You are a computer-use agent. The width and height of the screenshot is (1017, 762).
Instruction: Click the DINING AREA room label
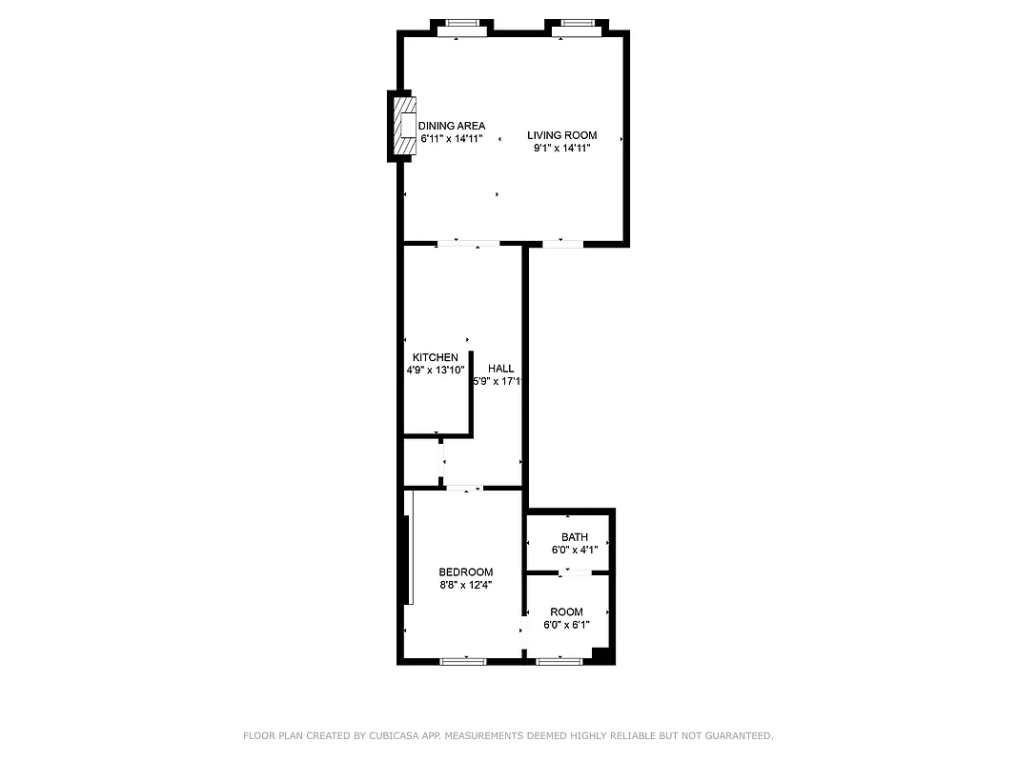coord(452,126)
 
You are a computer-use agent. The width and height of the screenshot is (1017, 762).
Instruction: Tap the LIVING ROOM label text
coord(561,135)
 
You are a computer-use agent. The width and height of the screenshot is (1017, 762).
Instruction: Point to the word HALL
coord(500,369)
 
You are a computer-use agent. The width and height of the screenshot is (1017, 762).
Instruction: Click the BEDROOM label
coord(465,572)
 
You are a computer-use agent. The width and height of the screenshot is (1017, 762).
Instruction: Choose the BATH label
coord(574,537)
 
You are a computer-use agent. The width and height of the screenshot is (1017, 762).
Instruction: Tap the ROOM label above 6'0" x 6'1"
coord(566,612)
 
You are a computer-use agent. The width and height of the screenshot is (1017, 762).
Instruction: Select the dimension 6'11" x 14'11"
coord(452,138)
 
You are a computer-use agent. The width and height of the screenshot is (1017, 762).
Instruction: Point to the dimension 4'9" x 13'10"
coord(435,370)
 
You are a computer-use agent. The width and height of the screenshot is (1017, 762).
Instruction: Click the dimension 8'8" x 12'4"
coord(465,585)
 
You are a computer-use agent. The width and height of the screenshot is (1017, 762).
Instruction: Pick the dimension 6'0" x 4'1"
coord(574,550)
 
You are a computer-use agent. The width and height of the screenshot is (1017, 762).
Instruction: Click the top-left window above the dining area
coord(461,26)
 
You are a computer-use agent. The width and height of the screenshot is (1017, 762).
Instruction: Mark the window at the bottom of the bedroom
coord(463,660)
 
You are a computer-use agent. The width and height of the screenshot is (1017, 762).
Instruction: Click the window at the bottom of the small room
coord(559,660)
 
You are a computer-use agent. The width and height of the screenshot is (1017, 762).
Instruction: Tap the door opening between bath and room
coord(574,572)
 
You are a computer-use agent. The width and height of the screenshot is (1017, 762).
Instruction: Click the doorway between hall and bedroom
coord(465,489)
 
